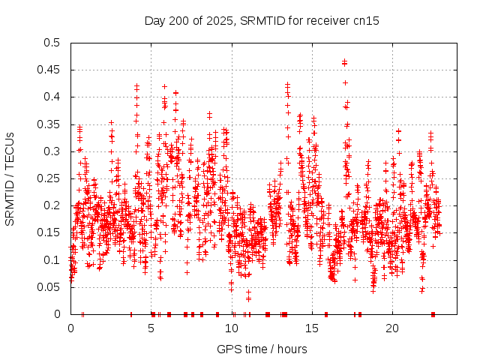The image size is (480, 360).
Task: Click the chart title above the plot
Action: pyautogui.click(x=262, y=21)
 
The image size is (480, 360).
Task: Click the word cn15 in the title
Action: pyautogui.click(x=366, y=21)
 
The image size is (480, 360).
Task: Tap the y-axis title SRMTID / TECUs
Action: pyautogui.click(x=10, y=178)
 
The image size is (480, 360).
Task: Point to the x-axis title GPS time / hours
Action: pyautogui.click(x=262, y=349)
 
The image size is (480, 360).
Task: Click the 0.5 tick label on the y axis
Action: pyautogui.click(x=53, y=43)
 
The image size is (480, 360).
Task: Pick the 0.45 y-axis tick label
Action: pyautogui.click(x=50, y=70)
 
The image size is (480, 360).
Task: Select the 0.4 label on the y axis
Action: pyautogui.click(x=53, y=97)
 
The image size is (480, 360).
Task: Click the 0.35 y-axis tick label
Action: pyautogui.click(x=50, y=124)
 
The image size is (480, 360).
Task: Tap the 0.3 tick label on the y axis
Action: pyautogui.click(x=53, y=151)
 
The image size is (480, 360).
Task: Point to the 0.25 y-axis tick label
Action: pyautogui.click(x=50, y=178)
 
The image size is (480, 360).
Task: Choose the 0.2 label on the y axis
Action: pyautogui.click(x=53, y=205)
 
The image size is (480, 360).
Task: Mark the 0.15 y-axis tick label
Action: pyautogui.click(x=50, y=233)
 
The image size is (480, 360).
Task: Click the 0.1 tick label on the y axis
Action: pyautogui.click(x=53, y=260)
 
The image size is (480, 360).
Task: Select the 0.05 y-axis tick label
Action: pyautogui.click(x=50, y=287)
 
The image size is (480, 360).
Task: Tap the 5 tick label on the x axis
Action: pyautogui.click(x=151, y=328)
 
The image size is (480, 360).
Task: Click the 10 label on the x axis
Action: pyautogui.click(x=232, y=328)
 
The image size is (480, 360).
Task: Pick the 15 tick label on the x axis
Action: pyautogui.click(x=312, y=328)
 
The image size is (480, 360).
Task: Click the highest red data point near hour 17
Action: pyautogui.click(x=344, y=62)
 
